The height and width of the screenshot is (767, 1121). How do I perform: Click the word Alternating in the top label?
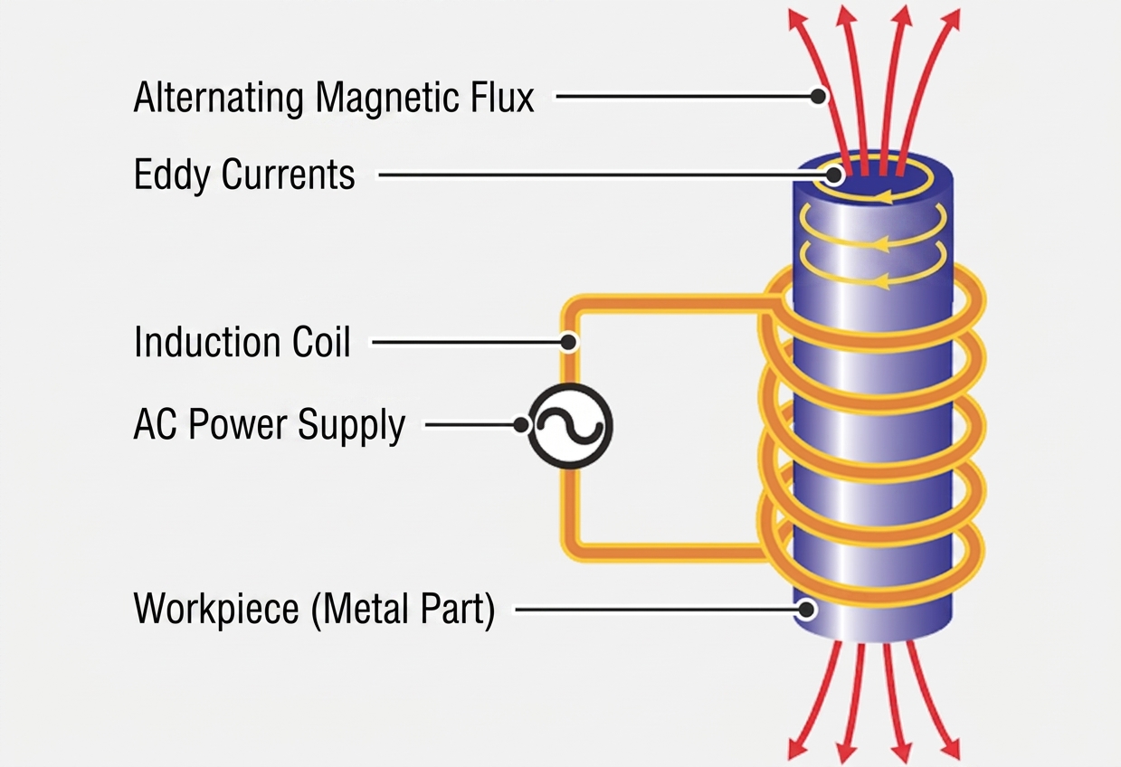pos(219,98)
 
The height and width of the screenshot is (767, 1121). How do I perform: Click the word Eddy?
pos(172,176)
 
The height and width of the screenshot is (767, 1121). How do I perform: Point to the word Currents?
pos(289,175)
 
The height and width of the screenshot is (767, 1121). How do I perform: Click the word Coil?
pos(321,342)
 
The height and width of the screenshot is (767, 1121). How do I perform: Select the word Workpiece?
pos(216,611)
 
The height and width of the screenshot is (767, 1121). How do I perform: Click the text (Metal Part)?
pos(403,611)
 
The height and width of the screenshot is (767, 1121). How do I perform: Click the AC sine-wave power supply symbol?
pos(570,426)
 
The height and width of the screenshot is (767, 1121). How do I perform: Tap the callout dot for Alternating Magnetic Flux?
pos(818,96)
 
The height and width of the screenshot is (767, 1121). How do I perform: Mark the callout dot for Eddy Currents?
pos(833,175)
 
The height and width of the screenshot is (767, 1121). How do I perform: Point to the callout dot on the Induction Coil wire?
pos(567,342)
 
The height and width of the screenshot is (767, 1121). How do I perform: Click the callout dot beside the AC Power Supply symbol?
pos(521,426)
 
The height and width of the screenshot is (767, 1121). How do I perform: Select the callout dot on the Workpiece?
pos(806,610)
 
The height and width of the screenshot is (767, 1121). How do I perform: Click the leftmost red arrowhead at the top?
pos(797,20)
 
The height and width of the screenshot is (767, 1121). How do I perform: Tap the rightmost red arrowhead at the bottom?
pos(949,749)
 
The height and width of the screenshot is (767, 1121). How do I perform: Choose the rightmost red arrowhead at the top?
pos(950,20)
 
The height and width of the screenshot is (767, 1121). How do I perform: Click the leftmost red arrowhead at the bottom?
pos(798,749)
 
